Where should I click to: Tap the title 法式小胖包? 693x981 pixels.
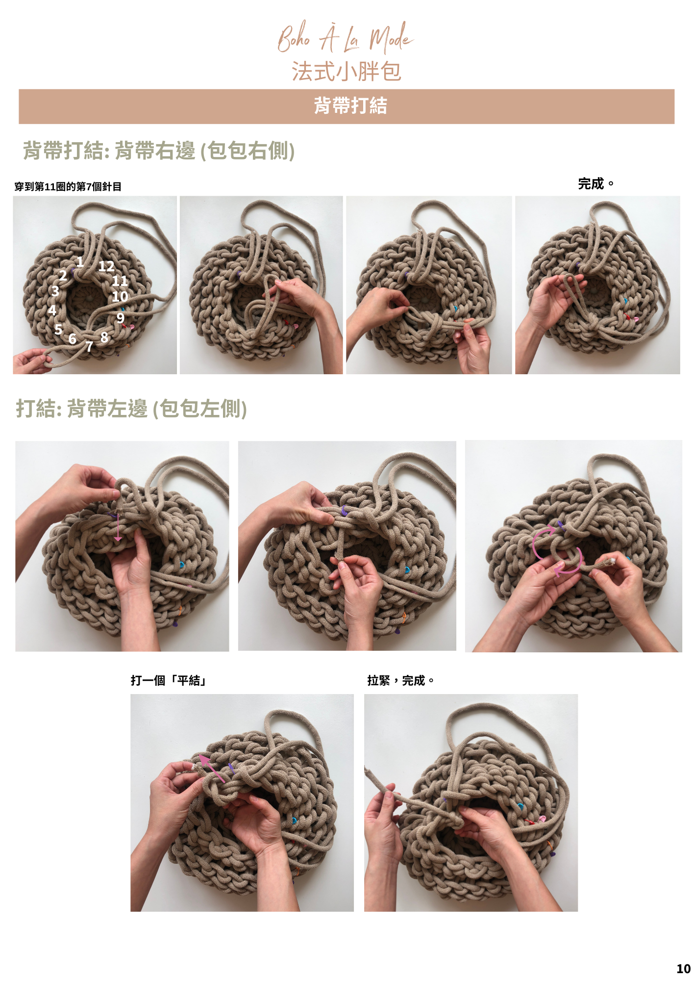(x=346, y=72)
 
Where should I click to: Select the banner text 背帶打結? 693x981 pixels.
(x=350, y=106)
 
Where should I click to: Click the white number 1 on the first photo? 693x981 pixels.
(x=80, y=262)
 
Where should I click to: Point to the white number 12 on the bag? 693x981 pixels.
(x=106, y=266)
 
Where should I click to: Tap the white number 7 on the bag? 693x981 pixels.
(x=89, y=347)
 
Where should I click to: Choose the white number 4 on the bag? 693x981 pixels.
(x=52, y=310)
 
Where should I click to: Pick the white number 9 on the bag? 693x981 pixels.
(x=121, y=318)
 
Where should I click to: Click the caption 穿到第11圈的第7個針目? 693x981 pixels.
(x=68, y=187)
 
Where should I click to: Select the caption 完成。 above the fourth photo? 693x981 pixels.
(x=596, y=184)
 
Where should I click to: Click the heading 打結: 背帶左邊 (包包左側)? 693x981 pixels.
(x=131, y=409)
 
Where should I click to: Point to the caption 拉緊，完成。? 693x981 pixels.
(x=401, y=680)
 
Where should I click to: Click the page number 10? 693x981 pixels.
(x=683, y=969)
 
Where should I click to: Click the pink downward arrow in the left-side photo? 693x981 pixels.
(x=118, y=527)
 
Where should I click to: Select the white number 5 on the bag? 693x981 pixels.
(x=58, y=329)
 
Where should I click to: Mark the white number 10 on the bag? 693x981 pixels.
(x=120, y=297)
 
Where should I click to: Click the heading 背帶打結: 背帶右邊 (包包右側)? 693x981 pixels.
(x=159, y=151)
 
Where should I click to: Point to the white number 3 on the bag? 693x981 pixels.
(x=55, y=291)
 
